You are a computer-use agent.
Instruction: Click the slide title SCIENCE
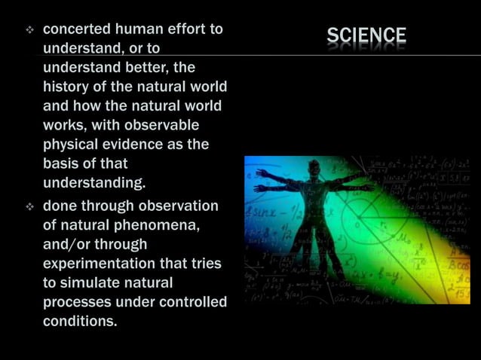tap(366, 35)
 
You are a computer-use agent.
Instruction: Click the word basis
tap(63, 163)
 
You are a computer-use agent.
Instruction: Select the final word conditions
tap(80, 322)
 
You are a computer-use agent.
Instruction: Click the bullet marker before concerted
tap(30, 30)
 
